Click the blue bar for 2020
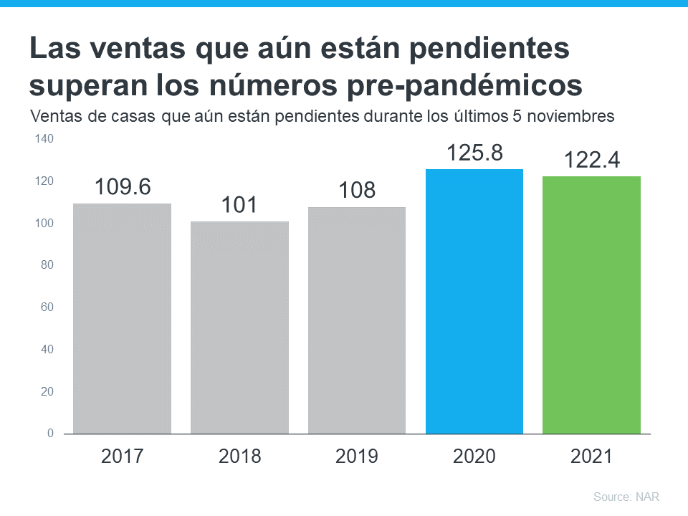click(474, 301)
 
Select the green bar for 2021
click(591, 305)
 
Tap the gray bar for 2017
click(122, 319)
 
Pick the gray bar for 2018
click(239, 328)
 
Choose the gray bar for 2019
click(356, 320)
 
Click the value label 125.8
click(474, 153)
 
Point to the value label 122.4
click(591, 161)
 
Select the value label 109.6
click(123, 187)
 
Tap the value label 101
click(239, 205)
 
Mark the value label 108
click(356, 191)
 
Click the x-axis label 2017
click(123, 457)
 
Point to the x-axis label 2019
click(356, 457)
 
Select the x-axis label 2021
click(591, 457)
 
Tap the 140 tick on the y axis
click(44, 139)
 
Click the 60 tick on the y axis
click(47, 307)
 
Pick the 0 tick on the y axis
click(50, 434)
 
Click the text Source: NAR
click(626, 497)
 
